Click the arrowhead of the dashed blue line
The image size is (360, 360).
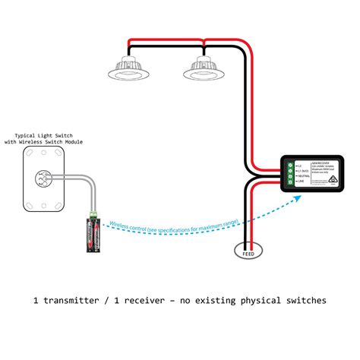coord(298,197)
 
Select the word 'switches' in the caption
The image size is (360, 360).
coord(302,301)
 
